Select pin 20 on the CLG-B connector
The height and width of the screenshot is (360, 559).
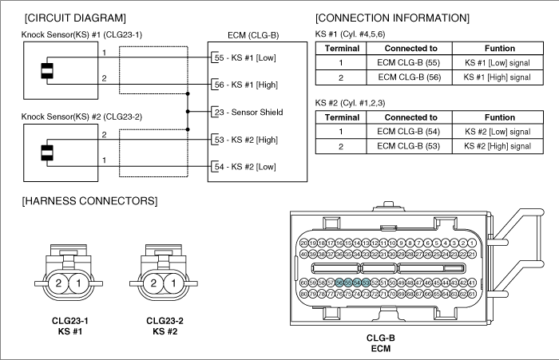coord(303,242)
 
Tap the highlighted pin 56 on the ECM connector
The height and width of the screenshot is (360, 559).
coord(339,283)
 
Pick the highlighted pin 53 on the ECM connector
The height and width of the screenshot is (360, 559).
coord(365,283)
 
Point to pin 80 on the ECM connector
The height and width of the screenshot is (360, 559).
coord(303,294)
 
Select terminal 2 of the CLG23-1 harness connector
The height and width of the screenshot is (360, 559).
coord(58,283)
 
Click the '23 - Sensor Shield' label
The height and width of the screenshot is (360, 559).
coord(248,112)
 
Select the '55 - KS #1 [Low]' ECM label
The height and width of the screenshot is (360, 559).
coord(246,57)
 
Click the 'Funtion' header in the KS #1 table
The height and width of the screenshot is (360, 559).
coord(500,49)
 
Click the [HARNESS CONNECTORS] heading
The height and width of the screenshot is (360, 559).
coord(89,200)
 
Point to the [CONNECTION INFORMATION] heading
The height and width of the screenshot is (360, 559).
coord(392,18)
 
